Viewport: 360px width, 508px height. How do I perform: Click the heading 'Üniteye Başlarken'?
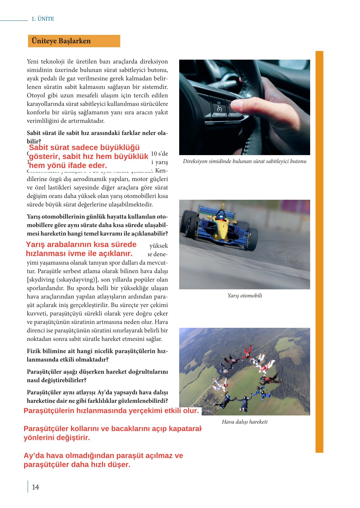click(61, 41)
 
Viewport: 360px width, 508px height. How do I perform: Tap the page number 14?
click(35, 487)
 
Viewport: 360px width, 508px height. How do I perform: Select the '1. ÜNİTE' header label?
click(43, 19)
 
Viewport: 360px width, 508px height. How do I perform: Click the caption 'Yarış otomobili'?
click(245, 296)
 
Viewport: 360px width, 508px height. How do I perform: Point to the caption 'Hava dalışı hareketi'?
click(245, 422)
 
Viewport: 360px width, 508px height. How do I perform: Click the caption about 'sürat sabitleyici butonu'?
click(245, 161)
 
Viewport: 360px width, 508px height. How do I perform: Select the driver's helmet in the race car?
click(221, 215)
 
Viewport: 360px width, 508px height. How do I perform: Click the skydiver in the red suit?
click(247, 352)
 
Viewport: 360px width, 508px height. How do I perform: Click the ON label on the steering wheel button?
click(219, 103)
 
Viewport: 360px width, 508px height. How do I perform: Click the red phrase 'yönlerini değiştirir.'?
click(57, 438)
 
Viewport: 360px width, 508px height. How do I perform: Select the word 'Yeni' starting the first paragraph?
click(33, 62)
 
